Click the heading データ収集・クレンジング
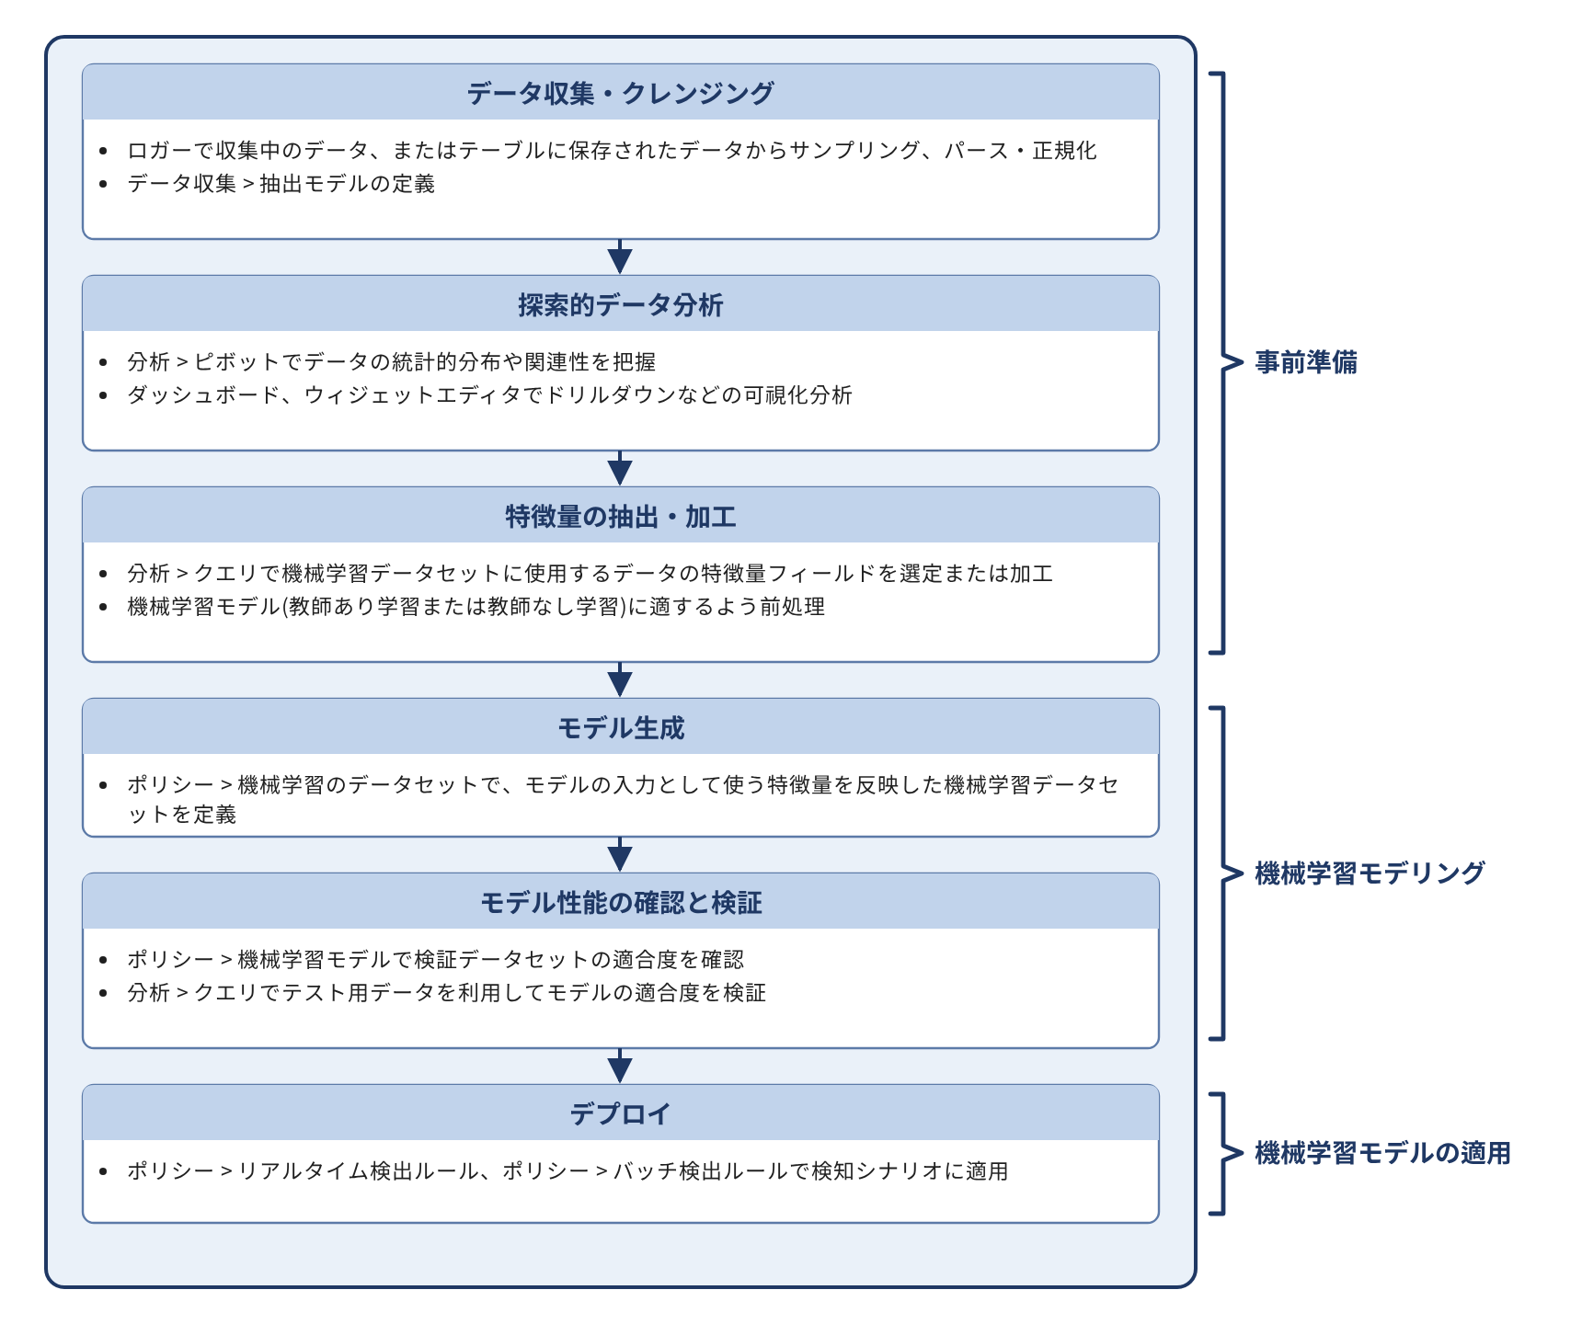click(x=620, y=93)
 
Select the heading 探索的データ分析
click(x=620, y=304)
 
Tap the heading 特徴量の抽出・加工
click(x=620, y=516)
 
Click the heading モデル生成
click(x=620, y=727)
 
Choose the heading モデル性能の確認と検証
click(x=620, y=902)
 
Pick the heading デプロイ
click(x=620, y=1113)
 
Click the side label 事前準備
click(x=1305, y=362)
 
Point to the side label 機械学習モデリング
click(x=1369, y=873)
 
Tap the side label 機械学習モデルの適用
click(x=1381, y=1152)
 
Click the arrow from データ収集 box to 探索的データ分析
click(x=620, y=257)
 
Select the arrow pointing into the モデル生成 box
click(x=620, y=680)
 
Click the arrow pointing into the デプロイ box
click(x=620, y=1067)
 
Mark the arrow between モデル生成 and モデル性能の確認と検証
click(x=620, y=855)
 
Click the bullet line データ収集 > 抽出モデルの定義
click(x=281, y=184)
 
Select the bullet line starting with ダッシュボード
click(x=489, y=395)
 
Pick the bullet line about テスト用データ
click(x=446, y=993)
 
